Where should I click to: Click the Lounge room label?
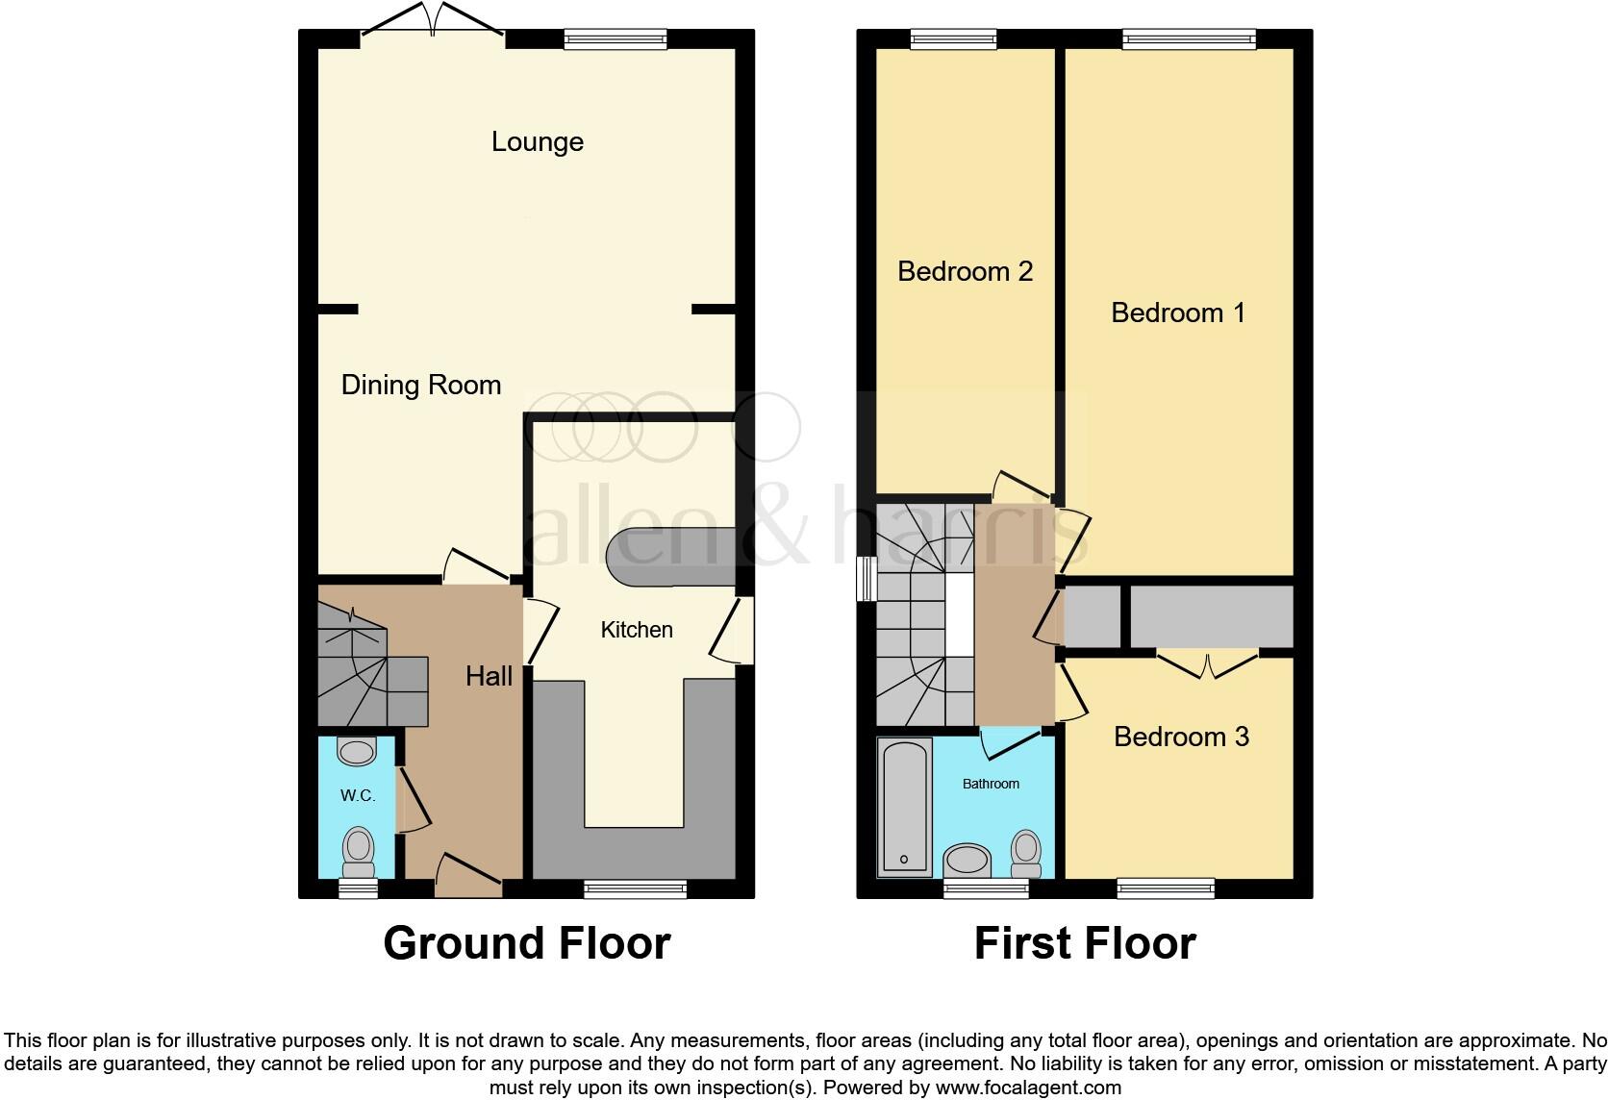(537, 142)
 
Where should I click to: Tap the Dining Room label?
(420, 386)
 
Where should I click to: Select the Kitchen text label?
(636, 630)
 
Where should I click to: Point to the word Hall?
(489, 676)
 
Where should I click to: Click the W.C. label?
(357, 796)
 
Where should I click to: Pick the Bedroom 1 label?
(1177, 312)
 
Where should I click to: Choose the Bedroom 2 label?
(965, 271)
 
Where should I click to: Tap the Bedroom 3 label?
(1180, 737)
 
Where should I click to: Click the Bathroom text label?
(991, 784)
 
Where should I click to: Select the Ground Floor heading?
(526, 943)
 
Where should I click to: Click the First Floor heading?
(1084, 943)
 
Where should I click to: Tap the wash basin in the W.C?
(357, 751)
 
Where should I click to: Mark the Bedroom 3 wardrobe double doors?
(1207, 664)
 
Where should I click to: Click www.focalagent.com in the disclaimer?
(1028, 1088)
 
